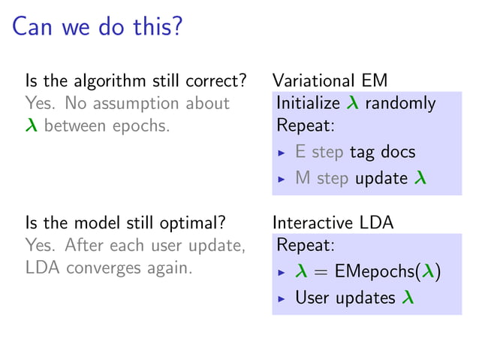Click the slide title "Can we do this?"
(x=97, y=28)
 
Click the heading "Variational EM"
(x=330, y=81)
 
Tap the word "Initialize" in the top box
(x=309, y=103)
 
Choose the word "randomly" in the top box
(x=400, y=103)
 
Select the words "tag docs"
(x=382, y=152)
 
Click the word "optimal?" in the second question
(x=197, y=222)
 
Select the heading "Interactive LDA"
(x=333, y=222)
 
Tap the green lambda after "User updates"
(x=407, y=298)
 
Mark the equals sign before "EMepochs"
(x=322, y=272)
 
